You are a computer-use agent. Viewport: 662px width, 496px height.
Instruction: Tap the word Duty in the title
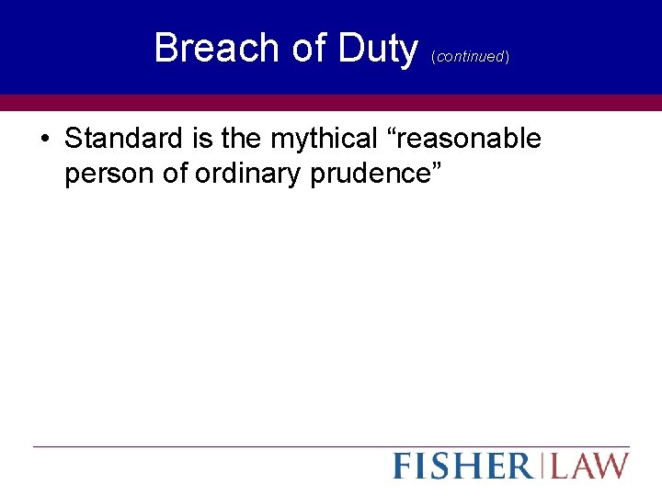pyautogui.click(x=377, y=48)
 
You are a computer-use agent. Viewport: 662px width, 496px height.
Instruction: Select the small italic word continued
pyautogui.click(x=470, y=57)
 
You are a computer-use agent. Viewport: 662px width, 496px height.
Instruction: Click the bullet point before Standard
pyautogui.click(x=45, y=140)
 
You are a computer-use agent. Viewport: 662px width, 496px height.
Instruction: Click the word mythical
pyautogui.click(x=321, y=140)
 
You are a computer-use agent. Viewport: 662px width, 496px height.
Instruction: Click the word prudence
pyautogui.click(x=371, y=173)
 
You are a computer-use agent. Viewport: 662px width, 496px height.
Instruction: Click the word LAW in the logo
pyautogui.click(x=591, y=466)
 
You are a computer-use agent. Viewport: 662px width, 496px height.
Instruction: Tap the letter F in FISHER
pyautogui.click(x=403, y=466)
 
